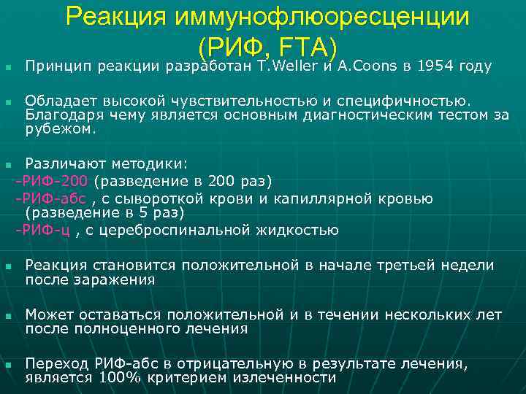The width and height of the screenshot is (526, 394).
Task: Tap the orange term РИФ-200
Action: tap(54, 181)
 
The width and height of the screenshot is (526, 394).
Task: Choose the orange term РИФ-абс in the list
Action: tap(53, 198)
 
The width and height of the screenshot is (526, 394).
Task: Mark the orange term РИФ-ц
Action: tap(45, 231)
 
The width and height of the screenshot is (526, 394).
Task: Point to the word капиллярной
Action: tap(332, 198)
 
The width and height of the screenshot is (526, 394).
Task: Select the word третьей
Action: tap(416, 265)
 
